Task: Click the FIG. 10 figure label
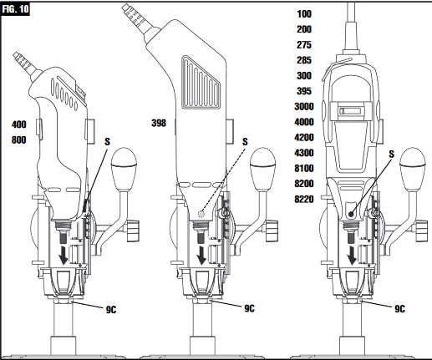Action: coord(15,9)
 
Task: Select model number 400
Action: coord(19,124)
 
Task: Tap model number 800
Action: coord(19,139)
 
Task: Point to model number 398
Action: coord(159,123)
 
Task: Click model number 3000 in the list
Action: coord(304,107)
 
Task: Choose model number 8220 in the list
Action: coord(304,199)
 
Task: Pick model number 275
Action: coord(304,45)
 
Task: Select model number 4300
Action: coord(304,153)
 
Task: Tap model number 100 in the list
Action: coord(304,14)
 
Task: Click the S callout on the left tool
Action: coord(107,142)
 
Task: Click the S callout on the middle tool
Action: coord(245,142)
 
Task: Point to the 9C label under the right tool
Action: coord(399,309)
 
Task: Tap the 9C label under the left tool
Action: coord(111,310)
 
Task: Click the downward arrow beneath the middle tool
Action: coord(201,255)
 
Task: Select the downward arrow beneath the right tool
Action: coord(352,255)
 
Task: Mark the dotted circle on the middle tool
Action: coord(201,214)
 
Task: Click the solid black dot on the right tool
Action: coord(351,214)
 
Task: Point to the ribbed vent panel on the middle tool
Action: coord(201,83)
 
